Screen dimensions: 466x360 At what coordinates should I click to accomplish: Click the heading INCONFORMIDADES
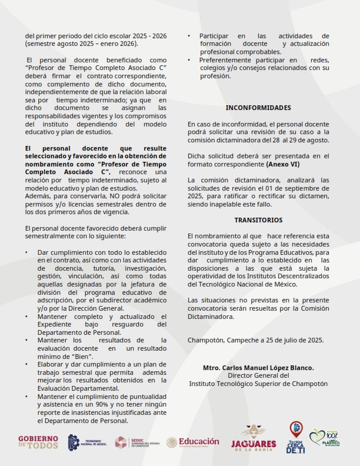(x=258, y=108)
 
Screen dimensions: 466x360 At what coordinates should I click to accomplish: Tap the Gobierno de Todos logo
(x=38, y=442)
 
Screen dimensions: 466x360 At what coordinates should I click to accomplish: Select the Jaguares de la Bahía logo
(x=254, y=439)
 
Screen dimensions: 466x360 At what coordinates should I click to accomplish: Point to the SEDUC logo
(x=136, y=442)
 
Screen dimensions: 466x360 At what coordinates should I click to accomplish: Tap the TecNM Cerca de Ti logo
(x=295, y=438)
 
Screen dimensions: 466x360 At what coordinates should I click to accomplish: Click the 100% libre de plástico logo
(x=325, y=438)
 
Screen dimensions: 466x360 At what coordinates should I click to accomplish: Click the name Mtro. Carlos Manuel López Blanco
(x=258, y=368)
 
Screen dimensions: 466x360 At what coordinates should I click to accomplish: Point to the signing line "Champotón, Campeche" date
(x=255, y=339)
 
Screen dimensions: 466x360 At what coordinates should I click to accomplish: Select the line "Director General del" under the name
(x=258, y=375)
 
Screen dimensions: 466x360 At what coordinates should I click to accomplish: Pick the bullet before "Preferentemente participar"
(x=189, y=60)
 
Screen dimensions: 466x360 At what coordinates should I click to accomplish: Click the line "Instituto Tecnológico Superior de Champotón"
(x=258, y=384)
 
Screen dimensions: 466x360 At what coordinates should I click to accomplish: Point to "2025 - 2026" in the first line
(x=147, y=36)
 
